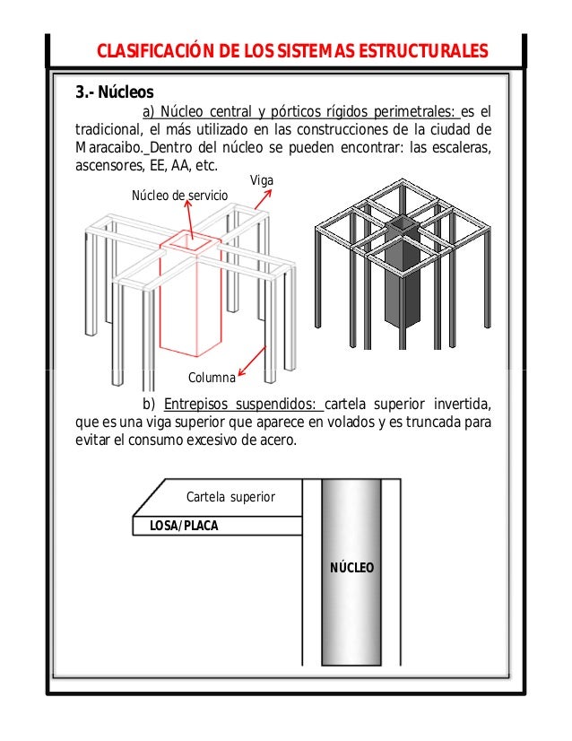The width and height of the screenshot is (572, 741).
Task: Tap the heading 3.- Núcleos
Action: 114,92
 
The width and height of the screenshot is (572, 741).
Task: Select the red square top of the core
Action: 189,241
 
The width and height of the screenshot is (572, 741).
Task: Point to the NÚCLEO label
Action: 352,569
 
